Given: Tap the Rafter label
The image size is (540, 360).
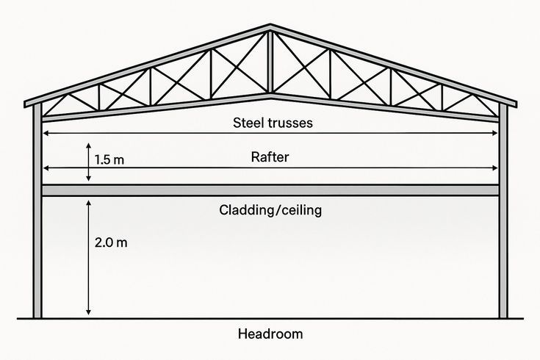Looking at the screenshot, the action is pos(270,157).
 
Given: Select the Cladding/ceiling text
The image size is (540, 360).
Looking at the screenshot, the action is pos(270,210).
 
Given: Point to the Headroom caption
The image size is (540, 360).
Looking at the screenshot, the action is pos(270,334).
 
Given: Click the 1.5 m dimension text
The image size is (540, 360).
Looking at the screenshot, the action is pos(109,160).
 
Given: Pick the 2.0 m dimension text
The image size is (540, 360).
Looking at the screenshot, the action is pos(111,242).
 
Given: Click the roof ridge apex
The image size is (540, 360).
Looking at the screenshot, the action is pos(270,25).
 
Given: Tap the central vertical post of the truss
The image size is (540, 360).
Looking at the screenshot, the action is pos(270,62).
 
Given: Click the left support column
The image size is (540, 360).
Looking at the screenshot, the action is pos(37,210).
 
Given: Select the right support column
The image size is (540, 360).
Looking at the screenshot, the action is pos(503,210).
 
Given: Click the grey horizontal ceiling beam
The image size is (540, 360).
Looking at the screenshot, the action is pos(270,190).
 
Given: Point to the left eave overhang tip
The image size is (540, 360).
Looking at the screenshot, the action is pos(25,104).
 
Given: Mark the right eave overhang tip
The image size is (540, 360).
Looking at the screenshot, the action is pos(516,104).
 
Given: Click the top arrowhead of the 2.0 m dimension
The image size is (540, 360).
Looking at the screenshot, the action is pos(88,202).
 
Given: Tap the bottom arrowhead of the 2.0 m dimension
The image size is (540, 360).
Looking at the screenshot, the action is pos(88,312).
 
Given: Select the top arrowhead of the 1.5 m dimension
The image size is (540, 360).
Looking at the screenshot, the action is pos(88,145).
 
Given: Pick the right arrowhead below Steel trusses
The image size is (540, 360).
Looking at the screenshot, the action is pos(495,133).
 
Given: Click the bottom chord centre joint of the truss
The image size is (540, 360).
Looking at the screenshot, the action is pos(270,96).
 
